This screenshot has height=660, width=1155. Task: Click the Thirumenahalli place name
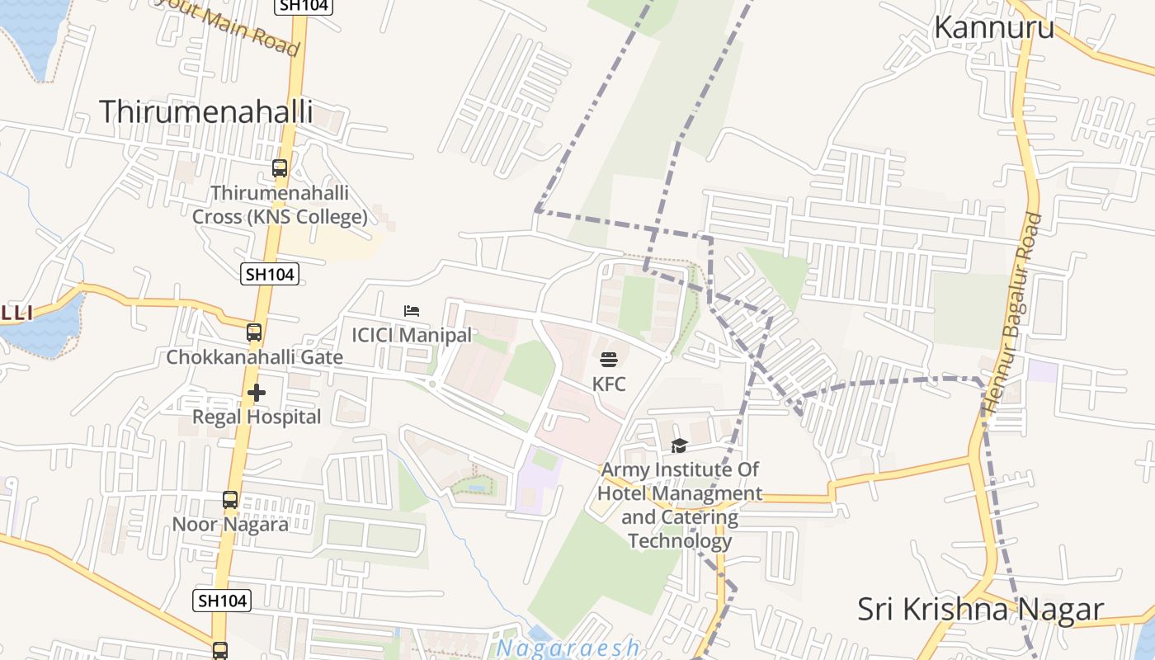[x=206, y=111]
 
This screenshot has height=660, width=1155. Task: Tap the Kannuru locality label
[x=993, y=27]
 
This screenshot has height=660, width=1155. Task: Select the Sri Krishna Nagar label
[x=980, y=609]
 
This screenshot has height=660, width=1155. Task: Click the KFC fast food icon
[x=609, y=360]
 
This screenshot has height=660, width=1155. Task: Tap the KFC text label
[x=609, y=384]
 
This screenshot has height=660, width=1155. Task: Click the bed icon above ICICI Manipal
[x=412, y=311]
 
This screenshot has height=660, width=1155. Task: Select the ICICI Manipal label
[x=412, y=335]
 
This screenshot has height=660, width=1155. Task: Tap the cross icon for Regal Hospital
[x=257, y=393]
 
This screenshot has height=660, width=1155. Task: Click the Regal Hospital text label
[x=257, y=417]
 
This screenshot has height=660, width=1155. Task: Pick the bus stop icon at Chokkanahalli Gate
[x=254, y=332]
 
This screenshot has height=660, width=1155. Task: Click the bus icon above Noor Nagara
[x=230, y=500]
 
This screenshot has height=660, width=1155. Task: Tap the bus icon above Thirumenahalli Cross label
[x=280, y=168]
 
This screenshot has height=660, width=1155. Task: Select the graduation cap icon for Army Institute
[x=679, y=445]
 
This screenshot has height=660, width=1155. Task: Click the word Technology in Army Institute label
[x=679, y=541]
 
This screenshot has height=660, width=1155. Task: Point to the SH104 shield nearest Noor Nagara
[x=222, y=601]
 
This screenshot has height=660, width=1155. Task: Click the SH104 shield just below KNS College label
[x=270, y=274]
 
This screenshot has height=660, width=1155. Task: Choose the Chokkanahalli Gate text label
[x=254, y=357]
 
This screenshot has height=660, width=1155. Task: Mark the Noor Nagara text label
[x=230, y=524]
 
